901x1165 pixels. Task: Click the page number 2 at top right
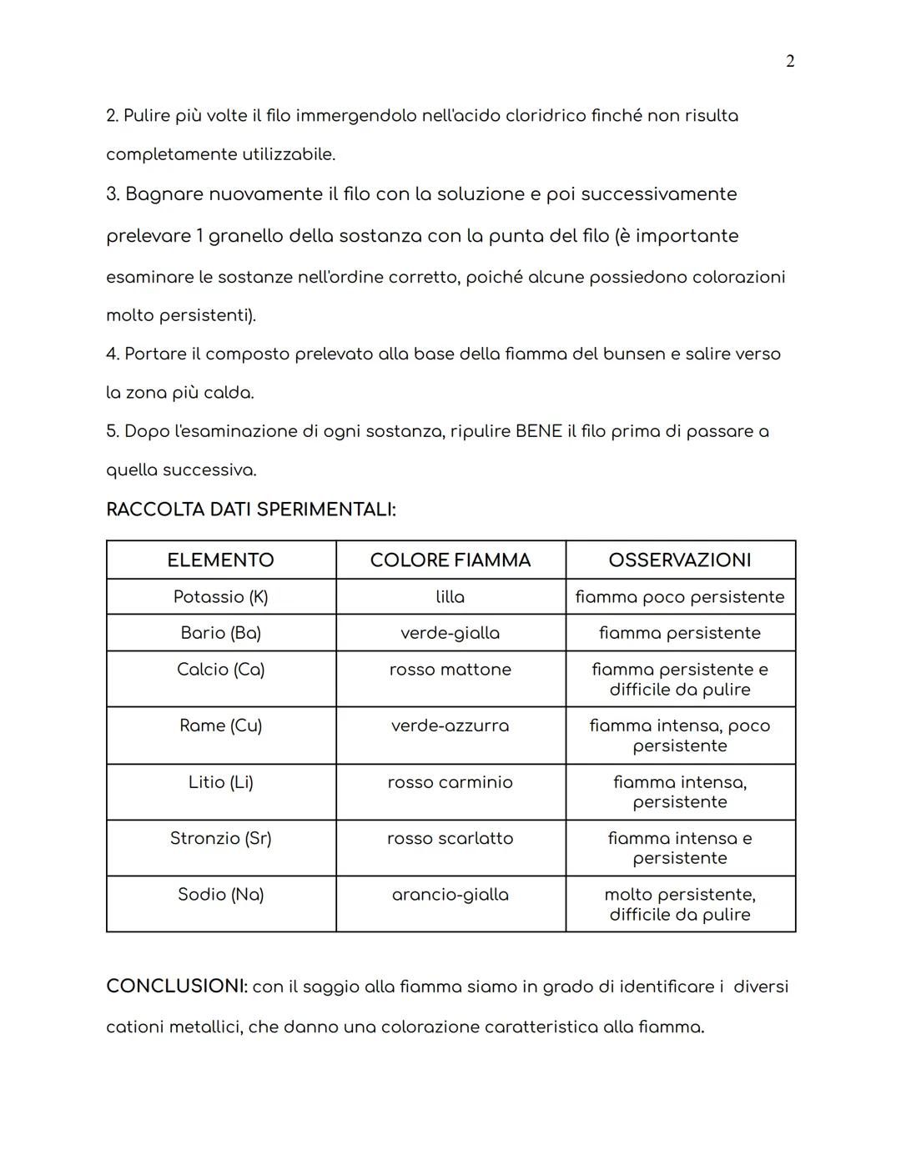point(790,61)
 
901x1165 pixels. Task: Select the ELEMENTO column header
point(220,560)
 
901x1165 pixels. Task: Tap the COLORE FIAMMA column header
point(450,560)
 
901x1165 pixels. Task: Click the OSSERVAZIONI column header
point(680,560)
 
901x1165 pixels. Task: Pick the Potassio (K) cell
point(220,597)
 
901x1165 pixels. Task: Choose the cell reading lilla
point(450,597)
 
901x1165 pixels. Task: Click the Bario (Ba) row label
point(220,633)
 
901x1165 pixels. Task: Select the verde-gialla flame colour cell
point(450,633)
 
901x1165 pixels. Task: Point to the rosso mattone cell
point(450,670)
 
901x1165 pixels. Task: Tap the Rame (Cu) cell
point(220,726)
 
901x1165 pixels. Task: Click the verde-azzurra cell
point(450,726)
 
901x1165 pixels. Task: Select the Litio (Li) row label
point(220,782)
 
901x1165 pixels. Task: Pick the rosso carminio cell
point(450,782)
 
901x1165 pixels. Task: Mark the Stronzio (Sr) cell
point(220,838)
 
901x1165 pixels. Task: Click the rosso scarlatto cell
point(450,838)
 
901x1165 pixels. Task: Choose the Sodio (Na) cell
point(220,895)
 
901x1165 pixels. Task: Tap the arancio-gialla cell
point(450,895)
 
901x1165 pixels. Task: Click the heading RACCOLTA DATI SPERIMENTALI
point(251,510)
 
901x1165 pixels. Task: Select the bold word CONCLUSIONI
point(176,987)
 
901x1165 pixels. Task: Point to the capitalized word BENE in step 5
point(538,432)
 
